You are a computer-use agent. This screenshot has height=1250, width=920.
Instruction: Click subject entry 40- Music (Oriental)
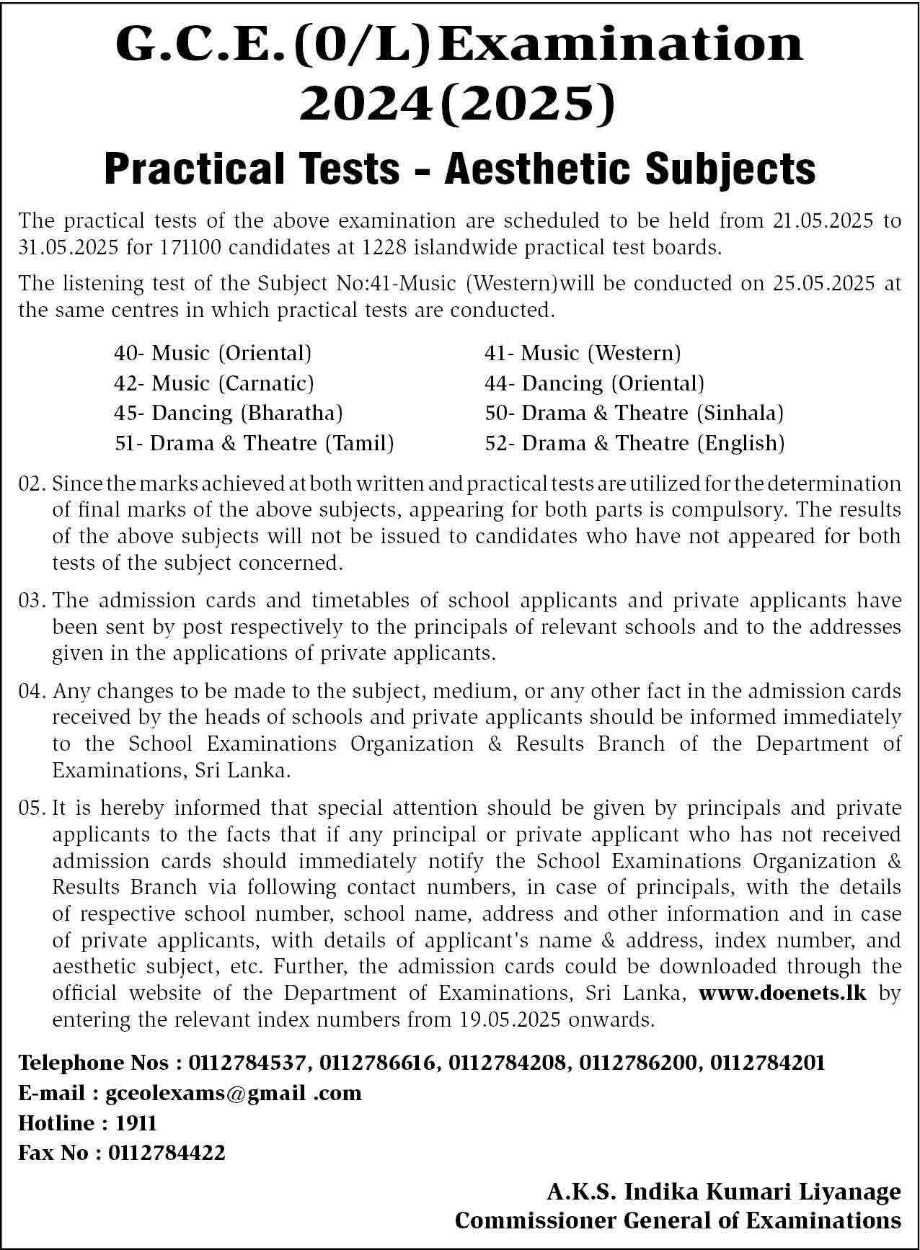pos(213,353)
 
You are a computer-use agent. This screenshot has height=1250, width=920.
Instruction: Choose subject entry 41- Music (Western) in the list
pos(583,353)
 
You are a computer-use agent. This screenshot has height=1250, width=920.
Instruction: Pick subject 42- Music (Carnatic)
pos(214,383)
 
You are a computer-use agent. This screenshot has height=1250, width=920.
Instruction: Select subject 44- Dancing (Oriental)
pos(594,383)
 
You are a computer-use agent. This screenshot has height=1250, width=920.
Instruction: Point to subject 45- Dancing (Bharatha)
pos(228,413)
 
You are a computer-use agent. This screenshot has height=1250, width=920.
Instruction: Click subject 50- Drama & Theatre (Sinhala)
pos(634,413)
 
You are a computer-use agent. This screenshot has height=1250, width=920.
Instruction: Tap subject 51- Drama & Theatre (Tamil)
pos(254,442)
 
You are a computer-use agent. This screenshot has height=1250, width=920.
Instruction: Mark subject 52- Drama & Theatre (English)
pos(634,442)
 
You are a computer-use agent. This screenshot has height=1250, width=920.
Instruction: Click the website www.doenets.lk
pos(782,993)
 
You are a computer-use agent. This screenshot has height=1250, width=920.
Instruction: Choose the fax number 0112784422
pos(167,1153)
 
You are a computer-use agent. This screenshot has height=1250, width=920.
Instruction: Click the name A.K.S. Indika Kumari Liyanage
pos(723,1192)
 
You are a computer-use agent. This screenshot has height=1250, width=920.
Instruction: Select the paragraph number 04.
pos(32,692)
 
